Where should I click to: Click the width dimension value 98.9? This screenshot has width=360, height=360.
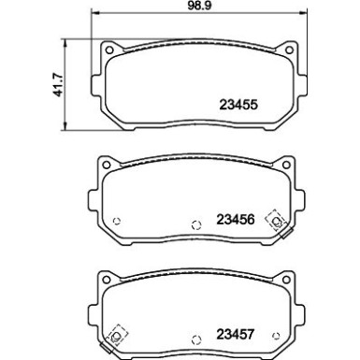point(196,7)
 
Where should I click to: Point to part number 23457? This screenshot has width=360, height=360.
point(238,332)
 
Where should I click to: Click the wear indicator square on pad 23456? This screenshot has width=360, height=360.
point(277,221)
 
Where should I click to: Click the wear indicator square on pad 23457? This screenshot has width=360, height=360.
point(118,334)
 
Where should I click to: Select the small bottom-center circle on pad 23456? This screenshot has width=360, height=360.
point(195,224)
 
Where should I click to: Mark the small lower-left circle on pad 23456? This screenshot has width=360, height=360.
point(117,221)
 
